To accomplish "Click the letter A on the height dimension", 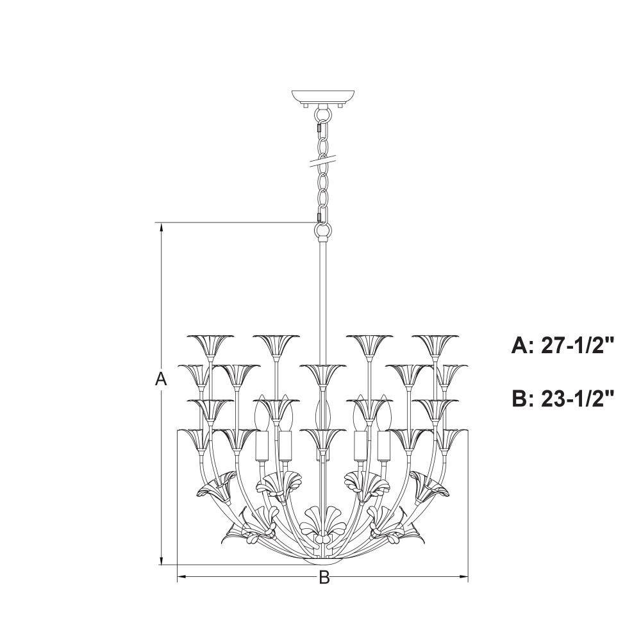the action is click(162, 379).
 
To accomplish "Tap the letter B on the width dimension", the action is click(324, 578).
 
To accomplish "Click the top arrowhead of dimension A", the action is click(162, 228).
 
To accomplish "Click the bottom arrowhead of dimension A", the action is click(162, 560).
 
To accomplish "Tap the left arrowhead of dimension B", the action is click(182, 577).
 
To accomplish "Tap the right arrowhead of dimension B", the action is click(463, 577).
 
